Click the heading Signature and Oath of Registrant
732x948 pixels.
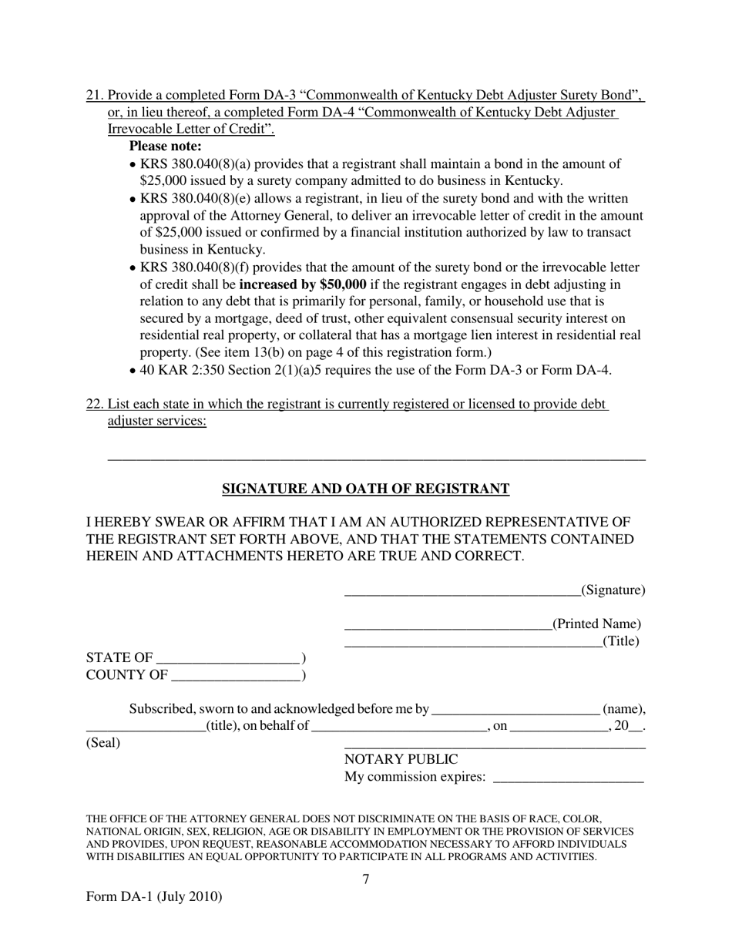pyautogui.click(x=365, y=489)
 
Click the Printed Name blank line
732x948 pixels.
pyautogui.click(x=448, y=626)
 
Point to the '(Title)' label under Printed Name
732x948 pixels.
pyautogui.click(x=621, y=640)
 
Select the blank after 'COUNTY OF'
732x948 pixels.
pyautogui.click(x=235, y=677)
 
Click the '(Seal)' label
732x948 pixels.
pyautogui.click(x=103, y=743)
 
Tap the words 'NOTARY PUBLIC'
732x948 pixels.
pyautogui.click(x=401, y=760)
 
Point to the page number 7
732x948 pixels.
pyautogui.click(x=366, y=879)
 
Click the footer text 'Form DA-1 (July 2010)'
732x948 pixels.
pyautogui.click(x=154, y=896)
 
